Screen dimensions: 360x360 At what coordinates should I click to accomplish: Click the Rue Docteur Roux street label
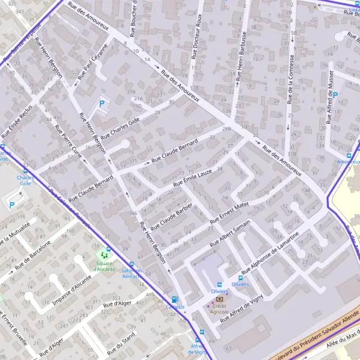pyautogui.click(x=194, y=37)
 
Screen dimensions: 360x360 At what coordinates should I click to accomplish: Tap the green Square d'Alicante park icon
pyautogui.click(x=103, y=256)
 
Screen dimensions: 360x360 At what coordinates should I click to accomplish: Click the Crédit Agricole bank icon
pyautogui.click(x=219, y=298)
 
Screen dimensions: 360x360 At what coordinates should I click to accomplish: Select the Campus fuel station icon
pyautogui.click(x=175, y=299)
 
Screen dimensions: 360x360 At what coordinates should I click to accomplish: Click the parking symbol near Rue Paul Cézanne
pyautogui.click(x=101, y=103)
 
